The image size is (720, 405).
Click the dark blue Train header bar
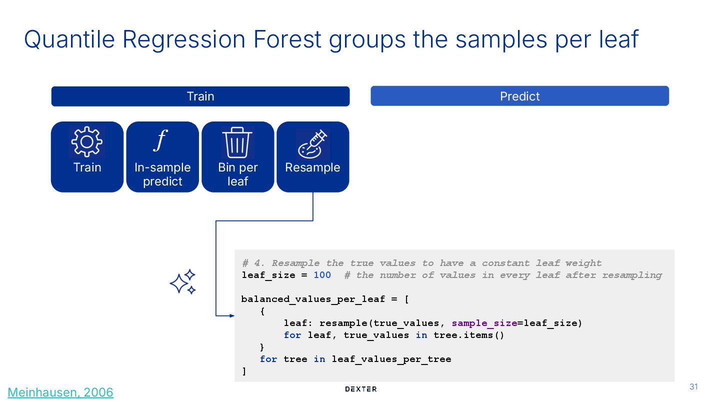coord(200,96)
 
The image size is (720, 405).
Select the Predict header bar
coord(519,96)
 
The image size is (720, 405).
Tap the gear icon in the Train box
coord(87,141)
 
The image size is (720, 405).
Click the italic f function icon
coord(160,140)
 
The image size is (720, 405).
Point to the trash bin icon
coord(237,142)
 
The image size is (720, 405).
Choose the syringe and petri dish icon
coord(312,143)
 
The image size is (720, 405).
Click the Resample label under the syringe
coord(312,167)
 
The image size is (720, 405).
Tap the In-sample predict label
coord(162,174)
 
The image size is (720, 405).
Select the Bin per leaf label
coord(237,174)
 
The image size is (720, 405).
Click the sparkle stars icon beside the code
coord(182,282)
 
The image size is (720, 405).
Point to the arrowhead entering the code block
coord(231,315)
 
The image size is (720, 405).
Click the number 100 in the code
coord(322,275)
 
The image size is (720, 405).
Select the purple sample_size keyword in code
coord(484,323)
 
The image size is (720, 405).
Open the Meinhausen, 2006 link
coord(60,392)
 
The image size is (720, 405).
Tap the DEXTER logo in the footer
coord(361,389)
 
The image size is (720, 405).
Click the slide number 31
coord(693,386)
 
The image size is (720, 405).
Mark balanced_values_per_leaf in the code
coord(313,299)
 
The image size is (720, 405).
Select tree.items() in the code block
coord(469,335)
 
